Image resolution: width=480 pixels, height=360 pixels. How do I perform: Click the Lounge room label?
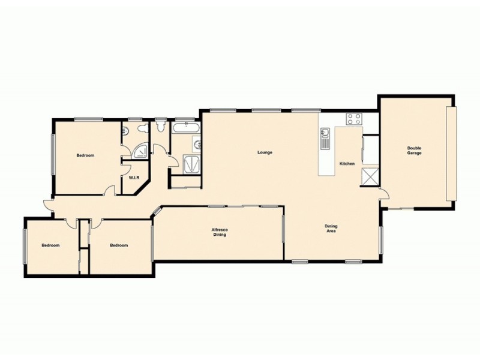tap(265, 152)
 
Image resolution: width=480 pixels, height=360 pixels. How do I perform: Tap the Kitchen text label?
tap(347, 164)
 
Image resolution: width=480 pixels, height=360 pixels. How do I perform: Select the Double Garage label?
tap(414, 151)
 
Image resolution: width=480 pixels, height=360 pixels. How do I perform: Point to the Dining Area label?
tap(331, 228)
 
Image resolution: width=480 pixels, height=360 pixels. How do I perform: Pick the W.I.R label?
tap(133, 178)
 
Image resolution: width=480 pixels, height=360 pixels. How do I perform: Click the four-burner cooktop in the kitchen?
tap(353, 119)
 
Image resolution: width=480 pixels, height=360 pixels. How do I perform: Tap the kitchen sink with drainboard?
tap(325, 137)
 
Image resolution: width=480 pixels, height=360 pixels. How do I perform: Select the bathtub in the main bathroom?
tap(185, 127)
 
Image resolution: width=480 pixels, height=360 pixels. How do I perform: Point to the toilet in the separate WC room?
tap(160, 127)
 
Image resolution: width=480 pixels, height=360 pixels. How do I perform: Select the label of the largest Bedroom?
tap(85, 155)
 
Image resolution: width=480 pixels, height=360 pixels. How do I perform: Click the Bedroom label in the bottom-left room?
tap(50, 245)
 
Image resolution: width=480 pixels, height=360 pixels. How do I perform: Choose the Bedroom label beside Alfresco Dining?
tap(119, 245)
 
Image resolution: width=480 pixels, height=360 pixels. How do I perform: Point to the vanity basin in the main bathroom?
tap(197, 143)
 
